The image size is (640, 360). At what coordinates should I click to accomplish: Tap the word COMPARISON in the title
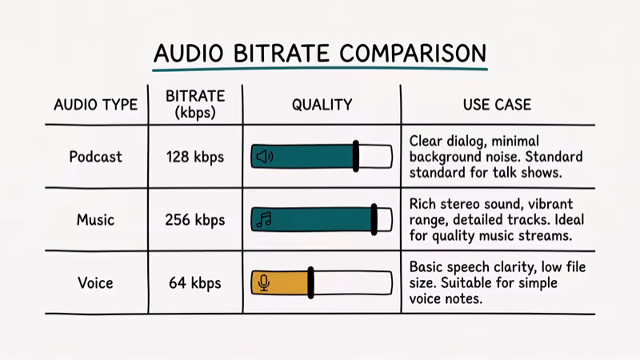point(412,53)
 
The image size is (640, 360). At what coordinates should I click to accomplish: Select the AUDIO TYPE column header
point(95,105)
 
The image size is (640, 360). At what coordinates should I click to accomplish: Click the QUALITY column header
point(321,105)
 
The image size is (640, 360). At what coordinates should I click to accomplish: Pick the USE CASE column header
point(497,105)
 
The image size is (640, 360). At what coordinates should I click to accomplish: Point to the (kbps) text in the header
point(195,113)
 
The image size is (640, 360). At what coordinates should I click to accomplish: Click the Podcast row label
point(95,156)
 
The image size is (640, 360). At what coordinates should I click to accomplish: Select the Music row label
point(95,219)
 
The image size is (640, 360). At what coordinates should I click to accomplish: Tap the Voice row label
point(95,282)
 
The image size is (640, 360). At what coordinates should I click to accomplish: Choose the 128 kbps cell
point(195,157)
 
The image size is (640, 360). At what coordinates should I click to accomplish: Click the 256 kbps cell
point(195,220)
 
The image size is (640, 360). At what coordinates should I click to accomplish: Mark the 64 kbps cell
point(195,283)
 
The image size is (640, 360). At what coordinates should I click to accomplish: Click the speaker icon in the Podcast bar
point(264,157)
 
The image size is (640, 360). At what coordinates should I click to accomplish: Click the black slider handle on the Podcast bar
point(355,157)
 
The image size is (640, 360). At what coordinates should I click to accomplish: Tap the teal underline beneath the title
point(320,70)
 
